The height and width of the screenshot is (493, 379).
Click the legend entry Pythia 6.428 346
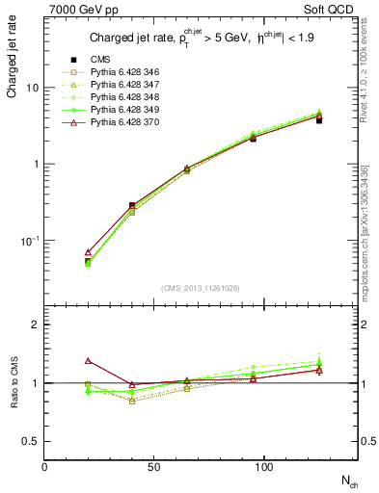120,72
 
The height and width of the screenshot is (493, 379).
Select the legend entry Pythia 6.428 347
120,85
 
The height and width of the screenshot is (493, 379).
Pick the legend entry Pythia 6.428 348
120,97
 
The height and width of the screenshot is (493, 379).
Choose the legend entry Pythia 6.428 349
120,110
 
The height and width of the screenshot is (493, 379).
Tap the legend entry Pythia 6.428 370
120,122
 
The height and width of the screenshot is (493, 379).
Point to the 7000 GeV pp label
76,10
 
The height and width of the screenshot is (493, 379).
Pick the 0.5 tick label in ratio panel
30,441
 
